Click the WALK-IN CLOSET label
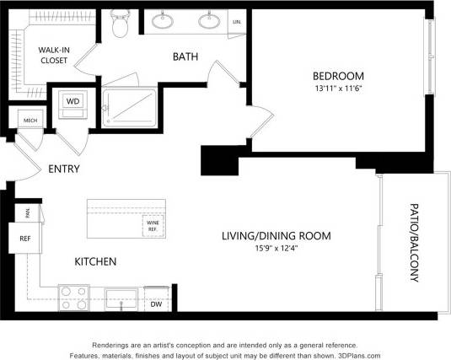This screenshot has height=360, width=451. pos(53,55)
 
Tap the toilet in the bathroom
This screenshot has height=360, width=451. pos(120,26)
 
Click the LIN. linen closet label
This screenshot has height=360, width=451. pos(237,21)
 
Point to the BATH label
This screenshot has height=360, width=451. pos(185,57)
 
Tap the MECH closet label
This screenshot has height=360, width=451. pos(30,121)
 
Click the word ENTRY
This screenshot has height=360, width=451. pos(63,169)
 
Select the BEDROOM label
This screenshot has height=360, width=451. pos(335,74)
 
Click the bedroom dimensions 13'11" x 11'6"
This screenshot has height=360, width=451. pos(335,87)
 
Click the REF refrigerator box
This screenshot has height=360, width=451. pos(24,239)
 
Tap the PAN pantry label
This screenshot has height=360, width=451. pos(27,213)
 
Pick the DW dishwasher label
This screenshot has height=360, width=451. pos(156,304)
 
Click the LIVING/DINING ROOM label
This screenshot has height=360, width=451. pos(276,235)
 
